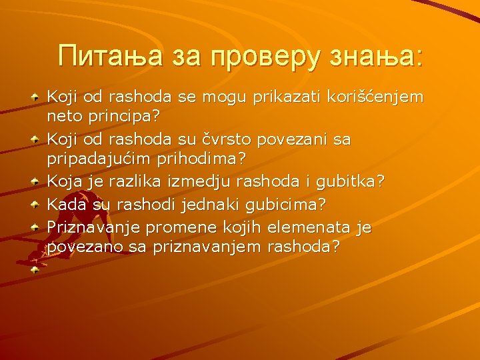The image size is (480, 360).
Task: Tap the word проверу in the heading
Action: [264, 55]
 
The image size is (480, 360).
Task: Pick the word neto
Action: [62, 116]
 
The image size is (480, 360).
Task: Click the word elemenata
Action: [303, 227]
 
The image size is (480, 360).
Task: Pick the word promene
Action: [175, 227]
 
